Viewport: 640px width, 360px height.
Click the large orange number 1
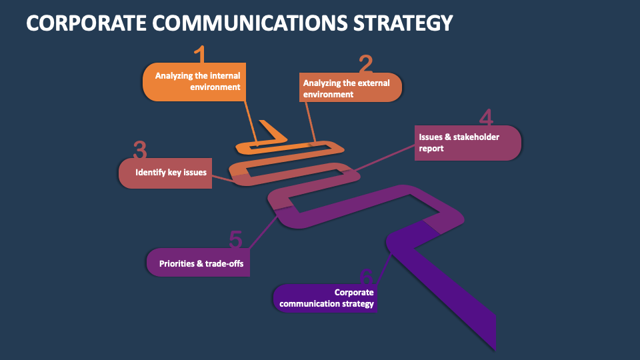click(200, 55)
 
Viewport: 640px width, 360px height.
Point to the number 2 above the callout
click(365, 65)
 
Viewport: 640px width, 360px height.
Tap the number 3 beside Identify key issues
click(140, 151)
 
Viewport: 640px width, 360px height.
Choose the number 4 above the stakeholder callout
click(487, 118)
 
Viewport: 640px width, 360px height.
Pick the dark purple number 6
click(365, 276)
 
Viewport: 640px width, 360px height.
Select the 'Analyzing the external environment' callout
click(349, 88)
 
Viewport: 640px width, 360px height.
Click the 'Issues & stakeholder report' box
click(467, 143)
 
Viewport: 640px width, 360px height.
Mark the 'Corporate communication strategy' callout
click(325, 298)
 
